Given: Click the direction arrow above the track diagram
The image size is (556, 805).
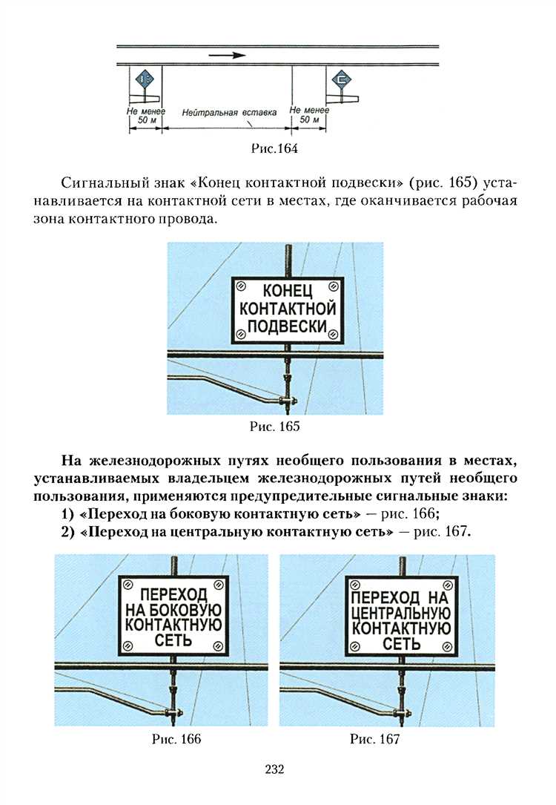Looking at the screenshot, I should coord(226,54).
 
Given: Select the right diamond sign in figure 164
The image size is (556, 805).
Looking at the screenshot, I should coord(342,79).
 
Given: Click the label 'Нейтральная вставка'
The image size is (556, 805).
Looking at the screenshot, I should coord(229,113).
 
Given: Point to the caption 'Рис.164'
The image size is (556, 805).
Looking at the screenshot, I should coord(275,149).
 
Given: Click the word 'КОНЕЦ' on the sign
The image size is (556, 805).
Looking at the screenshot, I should coord(288,290).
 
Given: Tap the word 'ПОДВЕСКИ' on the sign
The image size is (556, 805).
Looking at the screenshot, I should coord(288,326).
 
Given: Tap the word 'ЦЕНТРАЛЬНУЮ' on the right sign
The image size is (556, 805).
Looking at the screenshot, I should coord(400,613).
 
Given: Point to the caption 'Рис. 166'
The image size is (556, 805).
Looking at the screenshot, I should coord(176,739).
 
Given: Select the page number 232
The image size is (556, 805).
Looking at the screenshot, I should coord(274,769).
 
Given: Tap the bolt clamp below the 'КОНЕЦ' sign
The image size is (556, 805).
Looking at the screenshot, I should coord(288,401).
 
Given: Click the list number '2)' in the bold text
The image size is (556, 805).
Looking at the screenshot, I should coord(69,532).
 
